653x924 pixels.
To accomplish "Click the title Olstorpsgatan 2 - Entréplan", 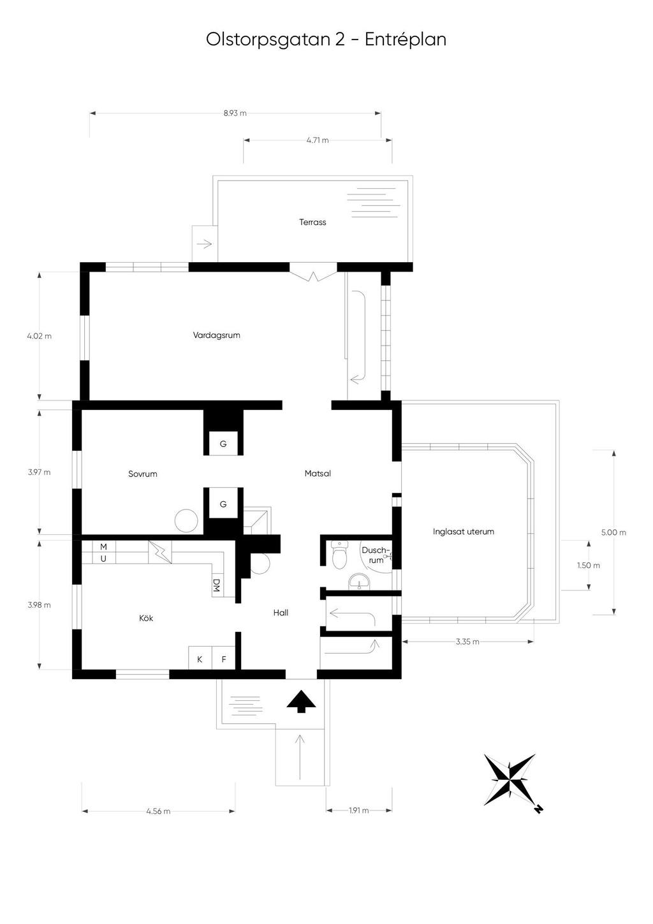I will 326,40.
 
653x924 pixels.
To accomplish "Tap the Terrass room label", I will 312,223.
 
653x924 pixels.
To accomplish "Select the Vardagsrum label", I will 216,335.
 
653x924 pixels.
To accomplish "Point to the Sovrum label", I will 142,474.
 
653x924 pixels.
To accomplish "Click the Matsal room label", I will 318,474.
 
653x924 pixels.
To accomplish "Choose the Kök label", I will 146,618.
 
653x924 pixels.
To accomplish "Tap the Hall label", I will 281,613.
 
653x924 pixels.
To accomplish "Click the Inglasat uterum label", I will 464,531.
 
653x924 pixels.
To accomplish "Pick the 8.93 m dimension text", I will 235,114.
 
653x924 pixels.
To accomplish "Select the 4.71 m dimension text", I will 317,140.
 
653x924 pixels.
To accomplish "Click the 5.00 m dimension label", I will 613,532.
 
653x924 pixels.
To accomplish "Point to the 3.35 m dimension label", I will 467,642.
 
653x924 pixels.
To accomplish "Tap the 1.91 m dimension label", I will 359,810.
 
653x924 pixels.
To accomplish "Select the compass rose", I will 510,779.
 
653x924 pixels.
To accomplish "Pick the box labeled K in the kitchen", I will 200,659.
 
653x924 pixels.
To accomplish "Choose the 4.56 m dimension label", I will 158,811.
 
